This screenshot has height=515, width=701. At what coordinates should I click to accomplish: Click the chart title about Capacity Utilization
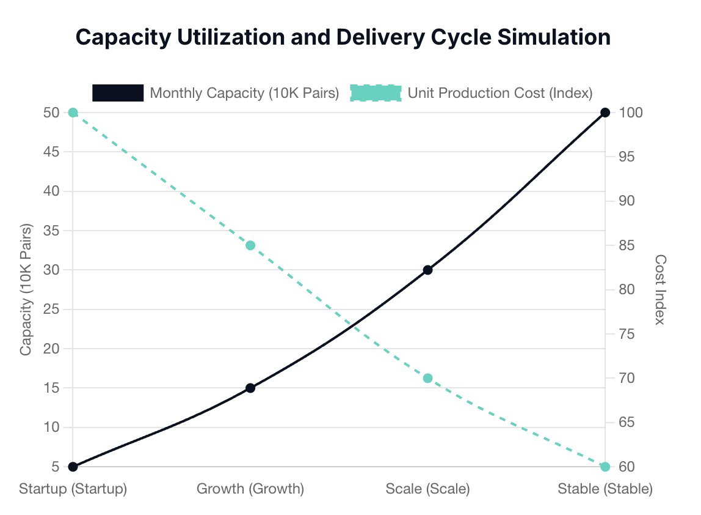[343, 37]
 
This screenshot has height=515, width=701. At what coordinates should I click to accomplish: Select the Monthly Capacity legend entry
[216, 93]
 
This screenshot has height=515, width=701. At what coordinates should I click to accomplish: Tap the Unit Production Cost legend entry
[471, 93]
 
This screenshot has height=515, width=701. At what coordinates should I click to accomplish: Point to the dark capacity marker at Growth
[250, 388]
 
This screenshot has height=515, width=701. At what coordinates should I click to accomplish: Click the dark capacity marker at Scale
[427, 270]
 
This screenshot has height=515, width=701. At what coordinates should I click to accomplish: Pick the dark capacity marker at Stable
[605, 113]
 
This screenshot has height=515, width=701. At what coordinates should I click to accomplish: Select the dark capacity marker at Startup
[73, 467]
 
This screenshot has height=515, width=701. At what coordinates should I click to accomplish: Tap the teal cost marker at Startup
[73, 113]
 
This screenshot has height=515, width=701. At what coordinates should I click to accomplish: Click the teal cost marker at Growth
[250, 245]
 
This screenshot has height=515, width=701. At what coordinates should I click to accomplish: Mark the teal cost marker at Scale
[427, 378]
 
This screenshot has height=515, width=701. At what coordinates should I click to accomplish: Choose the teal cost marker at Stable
[605, 467]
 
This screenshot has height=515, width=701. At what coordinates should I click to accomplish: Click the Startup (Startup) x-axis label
[73, 489]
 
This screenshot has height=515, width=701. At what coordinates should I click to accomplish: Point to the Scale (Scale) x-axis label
[427, 489]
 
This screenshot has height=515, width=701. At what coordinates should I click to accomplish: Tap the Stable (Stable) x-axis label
[605, 489]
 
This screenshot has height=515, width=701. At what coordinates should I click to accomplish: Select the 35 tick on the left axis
[51, 231]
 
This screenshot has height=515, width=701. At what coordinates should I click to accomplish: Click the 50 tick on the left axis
[51, 113]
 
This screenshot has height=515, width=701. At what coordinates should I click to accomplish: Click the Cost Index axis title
[659, 289]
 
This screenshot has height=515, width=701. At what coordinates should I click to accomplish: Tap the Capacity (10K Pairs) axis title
[26, 289]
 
